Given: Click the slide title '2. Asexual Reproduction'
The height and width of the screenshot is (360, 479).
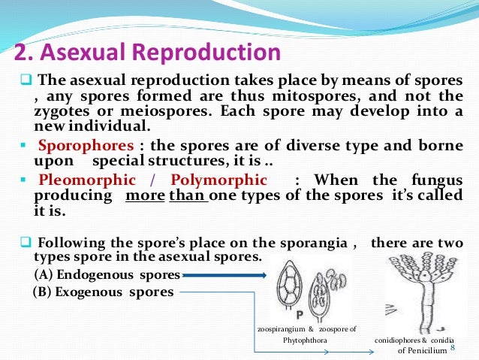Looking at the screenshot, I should tap(148, 53).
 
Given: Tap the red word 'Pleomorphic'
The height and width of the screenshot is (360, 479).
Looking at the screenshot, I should tap(87, 180).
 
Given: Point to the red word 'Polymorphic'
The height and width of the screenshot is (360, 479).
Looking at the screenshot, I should tap(218, 180).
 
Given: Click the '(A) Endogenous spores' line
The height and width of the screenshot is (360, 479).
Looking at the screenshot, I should tap(105, 274).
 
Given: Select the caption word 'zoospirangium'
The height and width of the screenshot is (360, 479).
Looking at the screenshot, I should tap(281, 330).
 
